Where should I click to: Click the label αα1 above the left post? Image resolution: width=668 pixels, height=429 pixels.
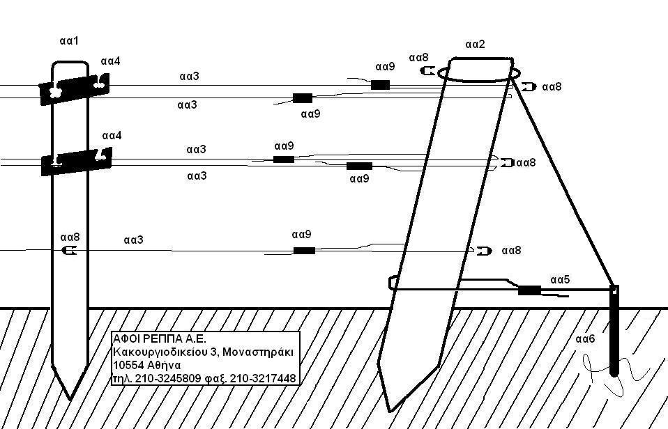pyautogui.click(x=69, y=42)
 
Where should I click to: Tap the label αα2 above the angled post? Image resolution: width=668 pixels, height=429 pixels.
pyautogui.click(x=475, y=45)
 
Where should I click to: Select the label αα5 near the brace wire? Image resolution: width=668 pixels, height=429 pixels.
pyautogui.click(x=560, y=279)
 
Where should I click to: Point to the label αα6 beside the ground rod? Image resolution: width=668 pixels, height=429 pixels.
pyautogui.click(x=586, y=339)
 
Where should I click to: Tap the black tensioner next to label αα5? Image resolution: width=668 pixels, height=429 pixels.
pyautogui.click(x=529, y=290)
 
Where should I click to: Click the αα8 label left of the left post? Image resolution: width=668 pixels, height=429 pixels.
pyautogui.click(x=70, y=237)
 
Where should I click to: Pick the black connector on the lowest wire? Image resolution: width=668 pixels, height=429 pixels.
pyautogui.click(x=304, y=251)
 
